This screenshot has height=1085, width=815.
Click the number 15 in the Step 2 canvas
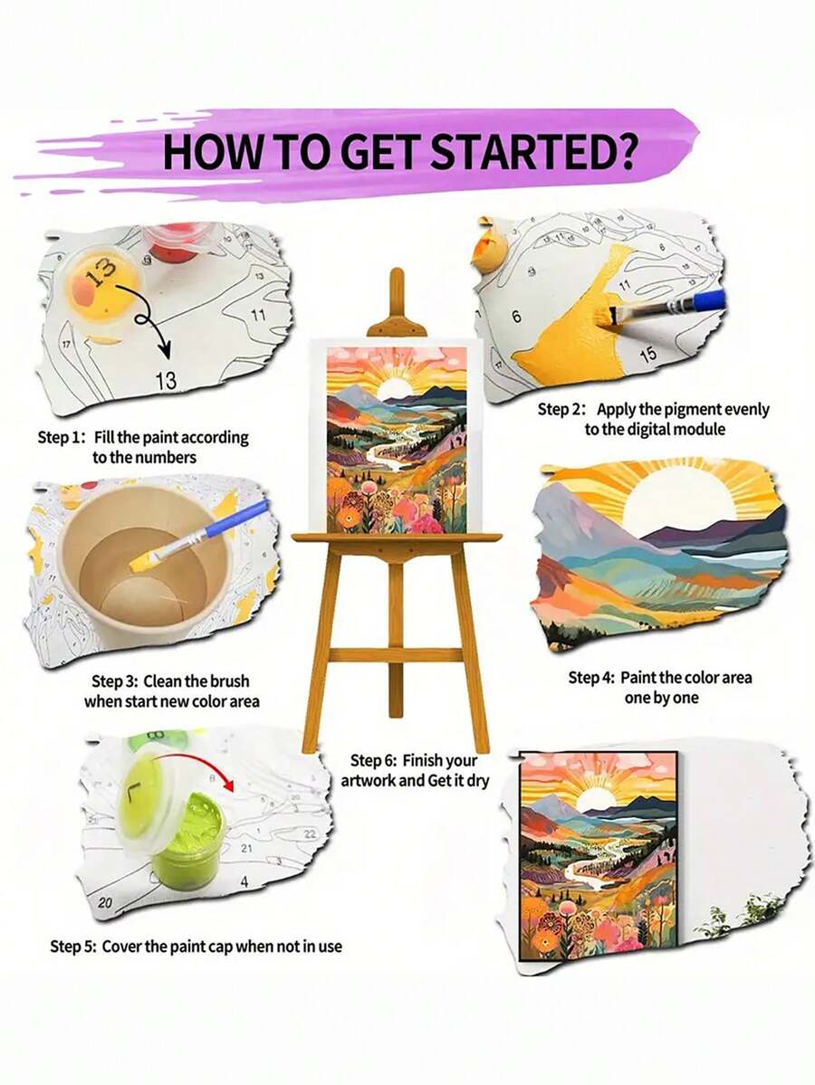pyautogui.click(x=647, y=354)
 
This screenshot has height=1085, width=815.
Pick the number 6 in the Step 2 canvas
pyautogui.click(x=516, y=317)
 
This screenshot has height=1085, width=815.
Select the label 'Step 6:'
pyautogui.click(x=373, y=760)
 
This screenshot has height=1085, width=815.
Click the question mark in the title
pyautogui.click(x=624, y=152)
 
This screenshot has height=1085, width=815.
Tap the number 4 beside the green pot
pyautogui.click(x=244, y=880)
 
